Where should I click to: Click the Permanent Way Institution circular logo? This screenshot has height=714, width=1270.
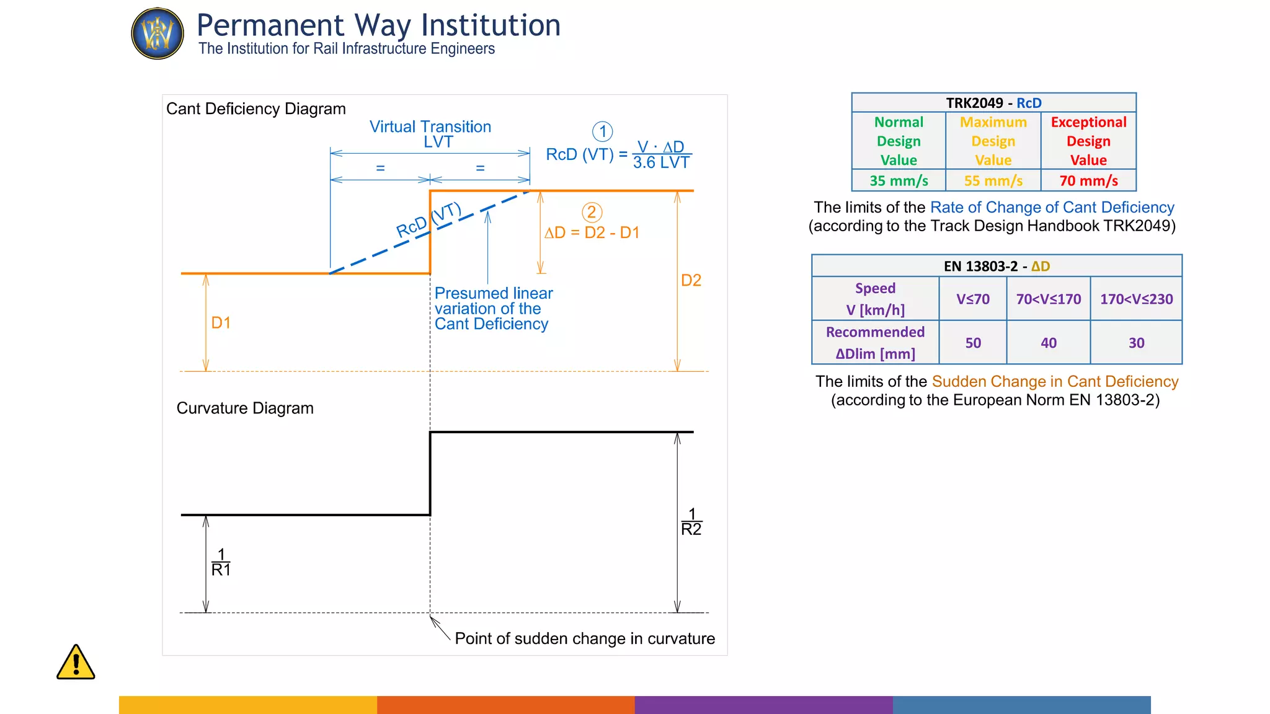click(x=158, y=33)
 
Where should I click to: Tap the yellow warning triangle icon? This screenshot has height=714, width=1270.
click(x=76, y=663)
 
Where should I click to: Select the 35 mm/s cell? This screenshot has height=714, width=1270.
click(x=899, y=180)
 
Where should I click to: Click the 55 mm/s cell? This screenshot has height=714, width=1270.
click(x=993, y=180)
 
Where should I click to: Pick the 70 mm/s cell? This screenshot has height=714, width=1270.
click(x=1088, y=180)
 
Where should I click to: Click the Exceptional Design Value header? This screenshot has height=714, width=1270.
click(x=1088, y=141)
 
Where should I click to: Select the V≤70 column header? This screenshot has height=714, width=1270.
click(x=972, y=299)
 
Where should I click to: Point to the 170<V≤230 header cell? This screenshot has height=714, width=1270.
click(x=1136, y=299)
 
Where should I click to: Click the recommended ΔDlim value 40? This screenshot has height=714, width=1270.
click(x=1048, y=343)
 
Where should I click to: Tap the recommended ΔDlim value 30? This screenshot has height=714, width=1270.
click(x=1136, y=343)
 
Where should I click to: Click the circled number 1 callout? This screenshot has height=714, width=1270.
click(x=602, y=131)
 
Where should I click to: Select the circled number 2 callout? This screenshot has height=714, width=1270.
click(x=592, y=213)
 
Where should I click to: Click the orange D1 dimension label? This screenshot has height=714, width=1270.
click(x=221, y=322)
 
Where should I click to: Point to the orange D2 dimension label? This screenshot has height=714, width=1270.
click(x=691, y=280)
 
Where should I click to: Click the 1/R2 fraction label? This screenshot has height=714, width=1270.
click(x=691, y=522)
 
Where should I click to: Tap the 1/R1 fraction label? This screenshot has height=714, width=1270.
click(x=221, y=562)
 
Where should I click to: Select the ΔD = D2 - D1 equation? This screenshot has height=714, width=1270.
click(x=592, y=232)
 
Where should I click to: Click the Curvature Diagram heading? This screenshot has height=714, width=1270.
click(x=245, y=408)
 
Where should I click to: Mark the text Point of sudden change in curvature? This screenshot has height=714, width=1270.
click(x=584, y=638)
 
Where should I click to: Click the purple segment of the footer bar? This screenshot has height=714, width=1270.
click(x=763, y=705)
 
